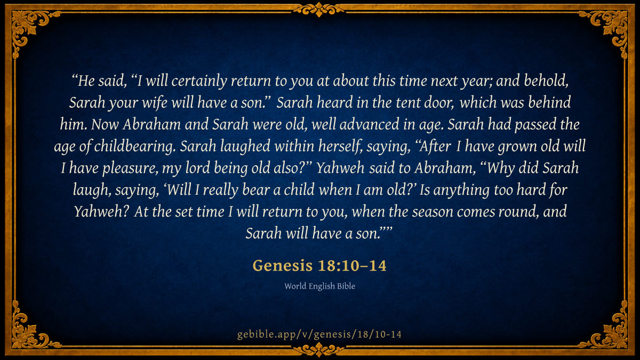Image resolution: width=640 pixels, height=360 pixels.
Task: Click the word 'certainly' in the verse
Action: pyautogui.click(x=199, y=81)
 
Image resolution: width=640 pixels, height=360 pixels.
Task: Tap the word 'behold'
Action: pyautogui.click(x=546, y=81)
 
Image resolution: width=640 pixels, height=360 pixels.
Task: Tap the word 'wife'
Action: pyautogui.click(x=155, y=102)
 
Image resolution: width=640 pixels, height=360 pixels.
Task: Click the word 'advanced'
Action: pyautogui.click(x=370, y=124)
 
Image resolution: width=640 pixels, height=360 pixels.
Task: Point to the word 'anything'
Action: pyautogui.click(x=461, y=190)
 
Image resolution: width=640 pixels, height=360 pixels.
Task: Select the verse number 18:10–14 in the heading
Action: pyautogui.click(x=352, y=266)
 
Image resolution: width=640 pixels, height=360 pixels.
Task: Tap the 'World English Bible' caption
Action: pyautogui.click(x=319, y=286)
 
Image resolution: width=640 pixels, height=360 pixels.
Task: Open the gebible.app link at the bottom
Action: pyautogui.click(x=319, y=334)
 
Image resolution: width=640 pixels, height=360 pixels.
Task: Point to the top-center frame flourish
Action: pyautogui.click(x=319, y=9)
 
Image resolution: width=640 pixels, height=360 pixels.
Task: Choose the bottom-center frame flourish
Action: pyautogui.click(x=319, y=350)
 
